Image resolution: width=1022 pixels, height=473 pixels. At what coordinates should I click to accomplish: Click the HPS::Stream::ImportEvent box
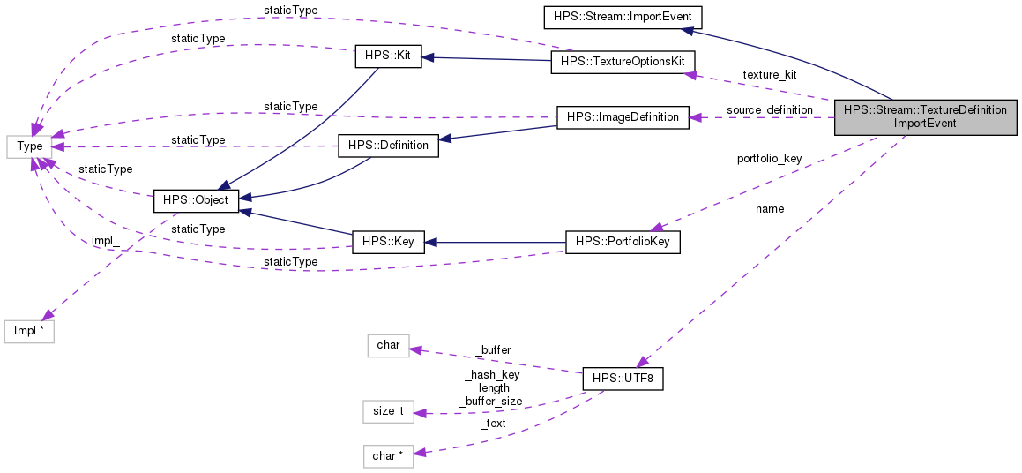[x=622, y=17]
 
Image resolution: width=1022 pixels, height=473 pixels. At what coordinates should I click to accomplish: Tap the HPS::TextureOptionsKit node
[x=623, y=62]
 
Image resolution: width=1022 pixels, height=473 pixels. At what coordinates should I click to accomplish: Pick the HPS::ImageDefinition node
[x=623, y=116]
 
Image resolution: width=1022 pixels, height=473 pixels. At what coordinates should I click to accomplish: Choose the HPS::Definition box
[x=388, y=145]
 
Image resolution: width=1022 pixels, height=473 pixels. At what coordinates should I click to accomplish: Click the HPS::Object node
[x=191, y=199]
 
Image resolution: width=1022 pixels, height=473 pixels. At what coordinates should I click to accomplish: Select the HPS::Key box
[x=388, y=241]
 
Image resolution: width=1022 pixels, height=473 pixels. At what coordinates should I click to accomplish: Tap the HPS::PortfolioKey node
[x=623, y=242]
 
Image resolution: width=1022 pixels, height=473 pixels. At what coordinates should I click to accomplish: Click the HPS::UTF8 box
[x=623, y=379]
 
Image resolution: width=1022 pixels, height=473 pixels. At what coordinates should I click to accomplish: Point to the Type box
[x=30, y=145]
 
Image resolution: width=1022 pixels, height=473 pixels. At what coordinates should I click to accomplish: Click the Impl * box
[x=29, y=332]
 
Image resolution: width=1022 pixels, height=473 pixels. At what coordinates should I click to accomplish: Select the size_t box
[x=388, y=411]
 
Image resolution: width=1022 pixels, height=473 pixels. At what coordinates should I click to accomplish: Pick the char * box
[x=388, y=455]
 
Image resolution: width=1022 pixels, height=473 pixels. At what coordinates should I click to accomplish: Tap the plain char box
[x=388, y=345]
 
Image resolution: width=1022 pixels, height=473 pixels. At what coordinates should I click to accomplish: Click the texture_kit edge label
[x=769, y=74]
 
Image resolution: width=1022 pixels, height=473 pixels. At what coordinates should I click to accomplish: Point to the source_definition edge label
[x=769, y=109]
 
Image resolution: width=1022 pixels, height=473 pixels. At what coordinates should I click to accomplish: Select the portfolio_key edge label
[x=769, y=159]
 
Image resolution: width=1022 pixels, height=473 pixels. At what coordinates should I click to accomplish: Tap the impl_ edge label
[x=105, y=241]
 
